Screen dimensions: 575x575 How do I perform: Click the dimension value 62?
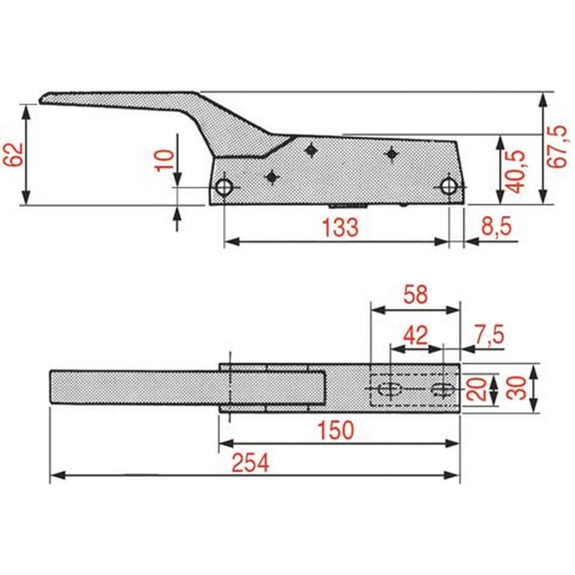click(13, 155)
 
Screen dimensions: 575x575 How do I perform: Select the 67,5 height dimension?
click(557, 147)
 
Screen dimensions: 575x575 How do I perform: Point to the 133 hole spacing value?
click(340, 227)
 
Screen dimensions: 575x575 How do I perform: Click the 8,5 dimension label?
click(496, 226)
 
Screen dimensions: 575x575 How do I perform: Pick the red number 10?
click(165, 160)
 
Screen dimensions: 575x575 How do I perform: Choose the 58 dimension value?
click(415, 295)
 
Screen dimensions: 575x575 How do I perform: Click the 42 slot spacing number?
click(415, 335)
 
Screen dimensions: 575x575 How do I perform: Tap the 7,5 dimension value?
click(489, 333)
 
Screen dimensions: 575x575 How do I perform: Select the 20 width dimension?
click(477, 388)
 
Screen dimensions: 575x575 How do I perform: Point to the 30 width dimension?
click(516, 388)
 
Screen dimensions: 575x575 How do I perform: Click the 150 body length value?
click(335, 430)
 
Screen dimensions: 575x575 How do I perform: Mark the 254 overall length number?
click(250, 463)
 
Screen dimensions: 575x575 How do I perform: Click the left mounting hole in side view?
click(224, 187)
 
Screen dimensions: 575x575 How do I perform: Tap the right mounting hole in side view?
click(449, 187)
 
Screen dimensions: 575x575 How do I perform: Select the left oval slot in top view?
click(390, 388)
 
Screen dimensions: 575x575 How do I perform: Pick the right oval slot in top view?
click(443, 388)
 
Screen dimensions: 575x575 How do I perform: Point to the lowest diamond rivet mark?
click(272, 177)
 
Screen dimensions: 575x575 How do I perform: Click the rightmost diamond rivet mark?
click(392, 153)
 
